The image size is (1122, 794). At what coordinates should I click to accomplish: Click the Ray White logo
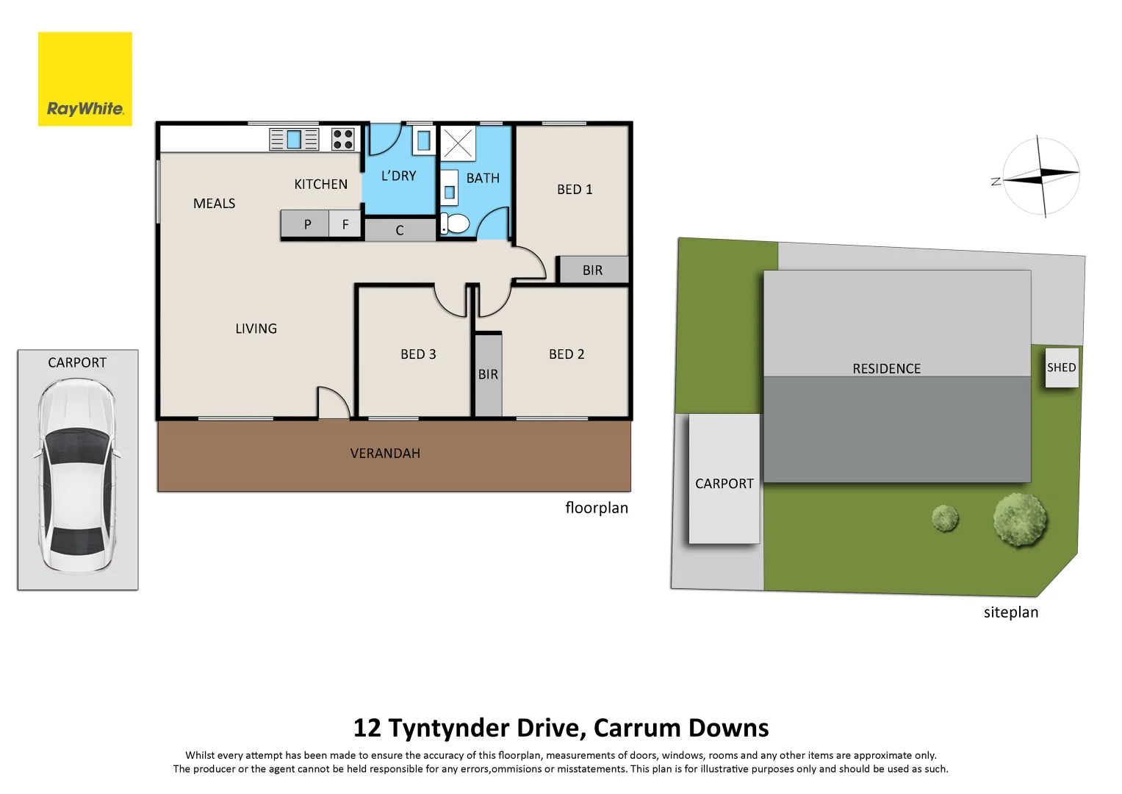[85, 79]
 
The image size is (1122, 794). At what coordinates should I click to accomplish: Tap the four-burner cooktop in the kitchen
[343, 139]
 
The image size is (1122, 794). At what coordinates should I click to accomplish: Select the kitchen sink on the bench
[294, 139]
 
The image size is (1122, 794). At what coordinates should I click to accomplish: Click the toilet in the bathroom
[456, 223]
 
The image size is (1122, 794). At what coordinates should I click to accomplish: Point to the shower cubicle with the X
[458, 143]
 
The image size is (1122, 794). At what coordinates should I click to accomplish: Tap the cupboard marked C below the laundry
[400, 230]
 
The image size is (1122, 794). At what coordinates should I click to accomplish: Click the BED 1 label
[575, 190]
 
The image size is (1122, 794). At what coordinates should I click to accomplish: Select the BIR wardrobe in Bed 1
[593, 270]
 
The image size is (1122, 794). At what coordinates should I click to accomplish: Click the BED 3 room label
[418, 354]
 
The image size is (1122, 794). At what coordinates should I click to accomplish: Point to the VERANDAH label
[385, 454]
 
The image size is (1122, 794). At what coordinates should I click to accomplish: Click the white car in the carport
[77, 475]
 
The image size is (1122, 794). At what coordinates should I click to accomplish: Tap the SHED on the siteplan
[1062, 368]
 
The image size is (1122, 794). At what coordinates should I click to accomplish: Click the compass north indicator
[996, 181]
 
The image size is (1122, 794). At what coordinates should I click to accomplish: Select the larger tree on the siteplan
[1020, 519]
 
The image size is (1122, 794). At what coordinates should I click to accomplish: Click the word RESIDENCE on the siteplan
[886, 368]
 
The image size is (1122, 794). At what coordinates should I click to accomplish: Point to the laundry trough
[424, 140]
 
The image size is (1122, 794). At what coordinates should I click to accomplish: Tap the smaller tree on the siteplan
[945, 518]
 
